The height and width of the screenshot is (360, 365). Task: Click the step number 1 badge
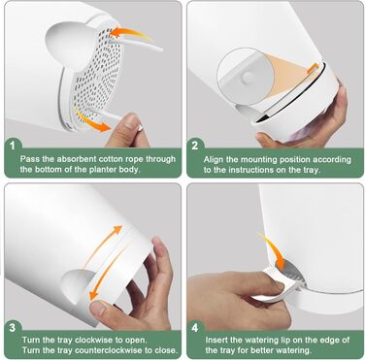point(13,146)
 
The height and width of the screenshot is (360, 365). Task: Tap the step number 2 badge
point(194,146)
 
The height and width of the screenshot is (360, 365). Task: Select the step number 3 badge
point(13,328)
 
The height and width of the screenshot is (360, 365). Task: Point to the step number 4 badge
point(195,328)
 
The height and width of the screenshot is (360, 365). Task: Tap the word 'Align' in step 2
point(213,160)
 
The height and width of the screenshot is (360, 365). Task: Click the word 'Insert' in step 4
point(215,340)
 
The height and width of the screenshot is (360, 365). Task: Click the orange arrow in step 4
point(274,251)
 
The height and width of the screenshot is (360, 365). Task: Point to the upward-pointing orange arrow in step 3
point(103,245)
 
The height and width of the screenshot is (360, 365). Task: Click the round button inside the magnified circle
point(248,77)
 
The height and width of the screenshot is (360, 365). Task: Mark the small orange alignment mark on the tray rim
point(312,67)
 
